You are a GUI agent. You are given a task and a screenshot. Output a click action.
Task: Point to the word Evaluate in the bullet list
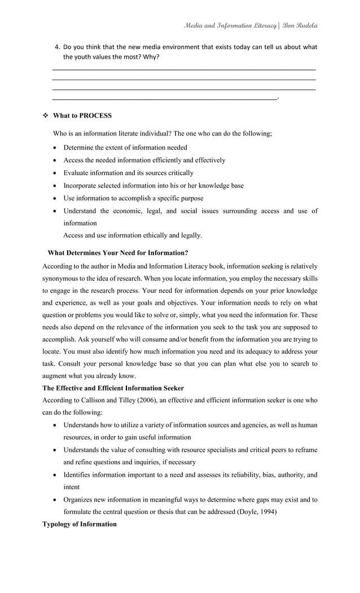tap(77, 173)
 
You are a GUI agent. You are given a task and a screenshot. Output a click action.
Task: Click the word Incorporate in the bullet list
tap(82, 186)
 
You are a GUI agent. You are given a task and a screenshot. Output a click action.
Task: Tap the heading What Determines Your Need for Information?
tap(118, 253)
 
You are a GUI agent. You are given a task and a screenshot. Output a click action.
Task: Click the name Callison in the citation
tap(91, 400)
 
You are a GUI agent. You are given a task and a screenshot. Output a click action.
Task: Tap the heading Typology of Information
tap(80, 524)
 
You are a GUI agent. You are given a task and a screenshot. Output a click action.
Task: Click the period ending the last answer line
tap(279, 98)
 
